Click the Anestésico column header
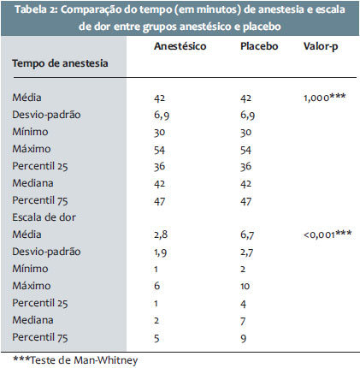(x=180, y=46)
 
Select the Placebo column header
(x=259, y=46)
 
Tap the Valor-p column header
(x=321, y=47)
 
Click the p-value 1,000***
(x=325, y=98)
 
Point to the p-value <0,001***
(x=328, y=234)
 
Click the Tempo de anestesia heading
(x=60, y=63)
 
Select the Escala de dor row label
(x=44, y=217)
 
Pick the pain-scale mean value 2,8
(x=161, y=234)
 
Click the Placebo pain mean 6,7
(x=247, y=234)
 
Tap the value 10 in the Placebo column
(x=245, y=286)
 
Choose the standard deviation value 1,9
(x=161, y=252)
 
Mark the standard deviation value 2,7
(x=246, y=252)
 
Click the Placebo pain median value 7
(x=243, y=321)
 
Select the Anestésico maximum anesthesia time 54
(x=159, y=150)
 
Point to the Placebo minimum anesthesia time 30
(x=245, y=133)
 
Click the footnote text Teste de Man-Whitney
(x=84, y=360)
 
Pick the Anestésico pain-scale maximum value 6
(x=156, y=286)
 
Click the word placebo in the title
(x=262, y=27)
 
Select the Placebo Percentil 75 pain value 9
(x=243, y=338)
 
